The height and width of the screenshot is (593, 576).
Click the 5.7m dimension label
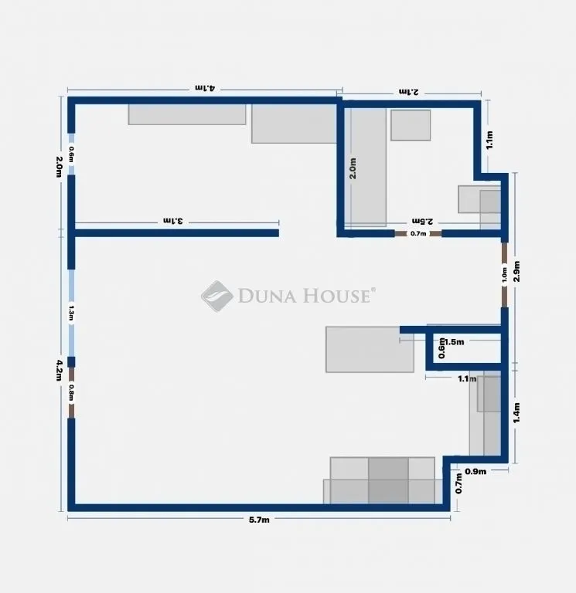tap(258, 520)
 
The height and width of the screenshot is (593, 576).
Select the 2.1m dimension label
tap(408, 92)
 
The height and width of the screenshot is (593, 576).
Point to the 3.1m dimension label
tap(172, 221)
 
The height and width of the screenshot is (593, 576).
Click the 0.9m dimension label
tap(475, 471)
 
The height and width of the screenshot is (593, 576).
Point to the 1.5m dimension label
tap(454, 342)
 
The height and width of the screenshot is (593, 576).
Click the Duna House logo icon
tap(216, 296)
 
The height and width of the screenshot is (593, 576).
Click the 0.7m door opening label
tap(418, 233)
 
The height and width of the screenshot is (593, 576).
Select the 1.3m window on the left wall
tap(71, 313)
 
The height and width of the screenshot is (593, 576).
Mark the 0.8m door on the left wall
tap(71, 392)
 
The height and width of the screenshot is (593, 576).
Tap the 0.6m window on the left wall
tap(71, 154)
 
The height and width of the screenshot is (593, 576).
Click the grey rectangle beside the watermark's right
tap(370, 350)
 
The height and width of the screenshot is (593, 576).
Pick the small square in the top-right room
tap(410, 125)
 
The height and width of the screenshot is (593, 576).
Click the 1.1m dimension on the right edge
tap(489, 140)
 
